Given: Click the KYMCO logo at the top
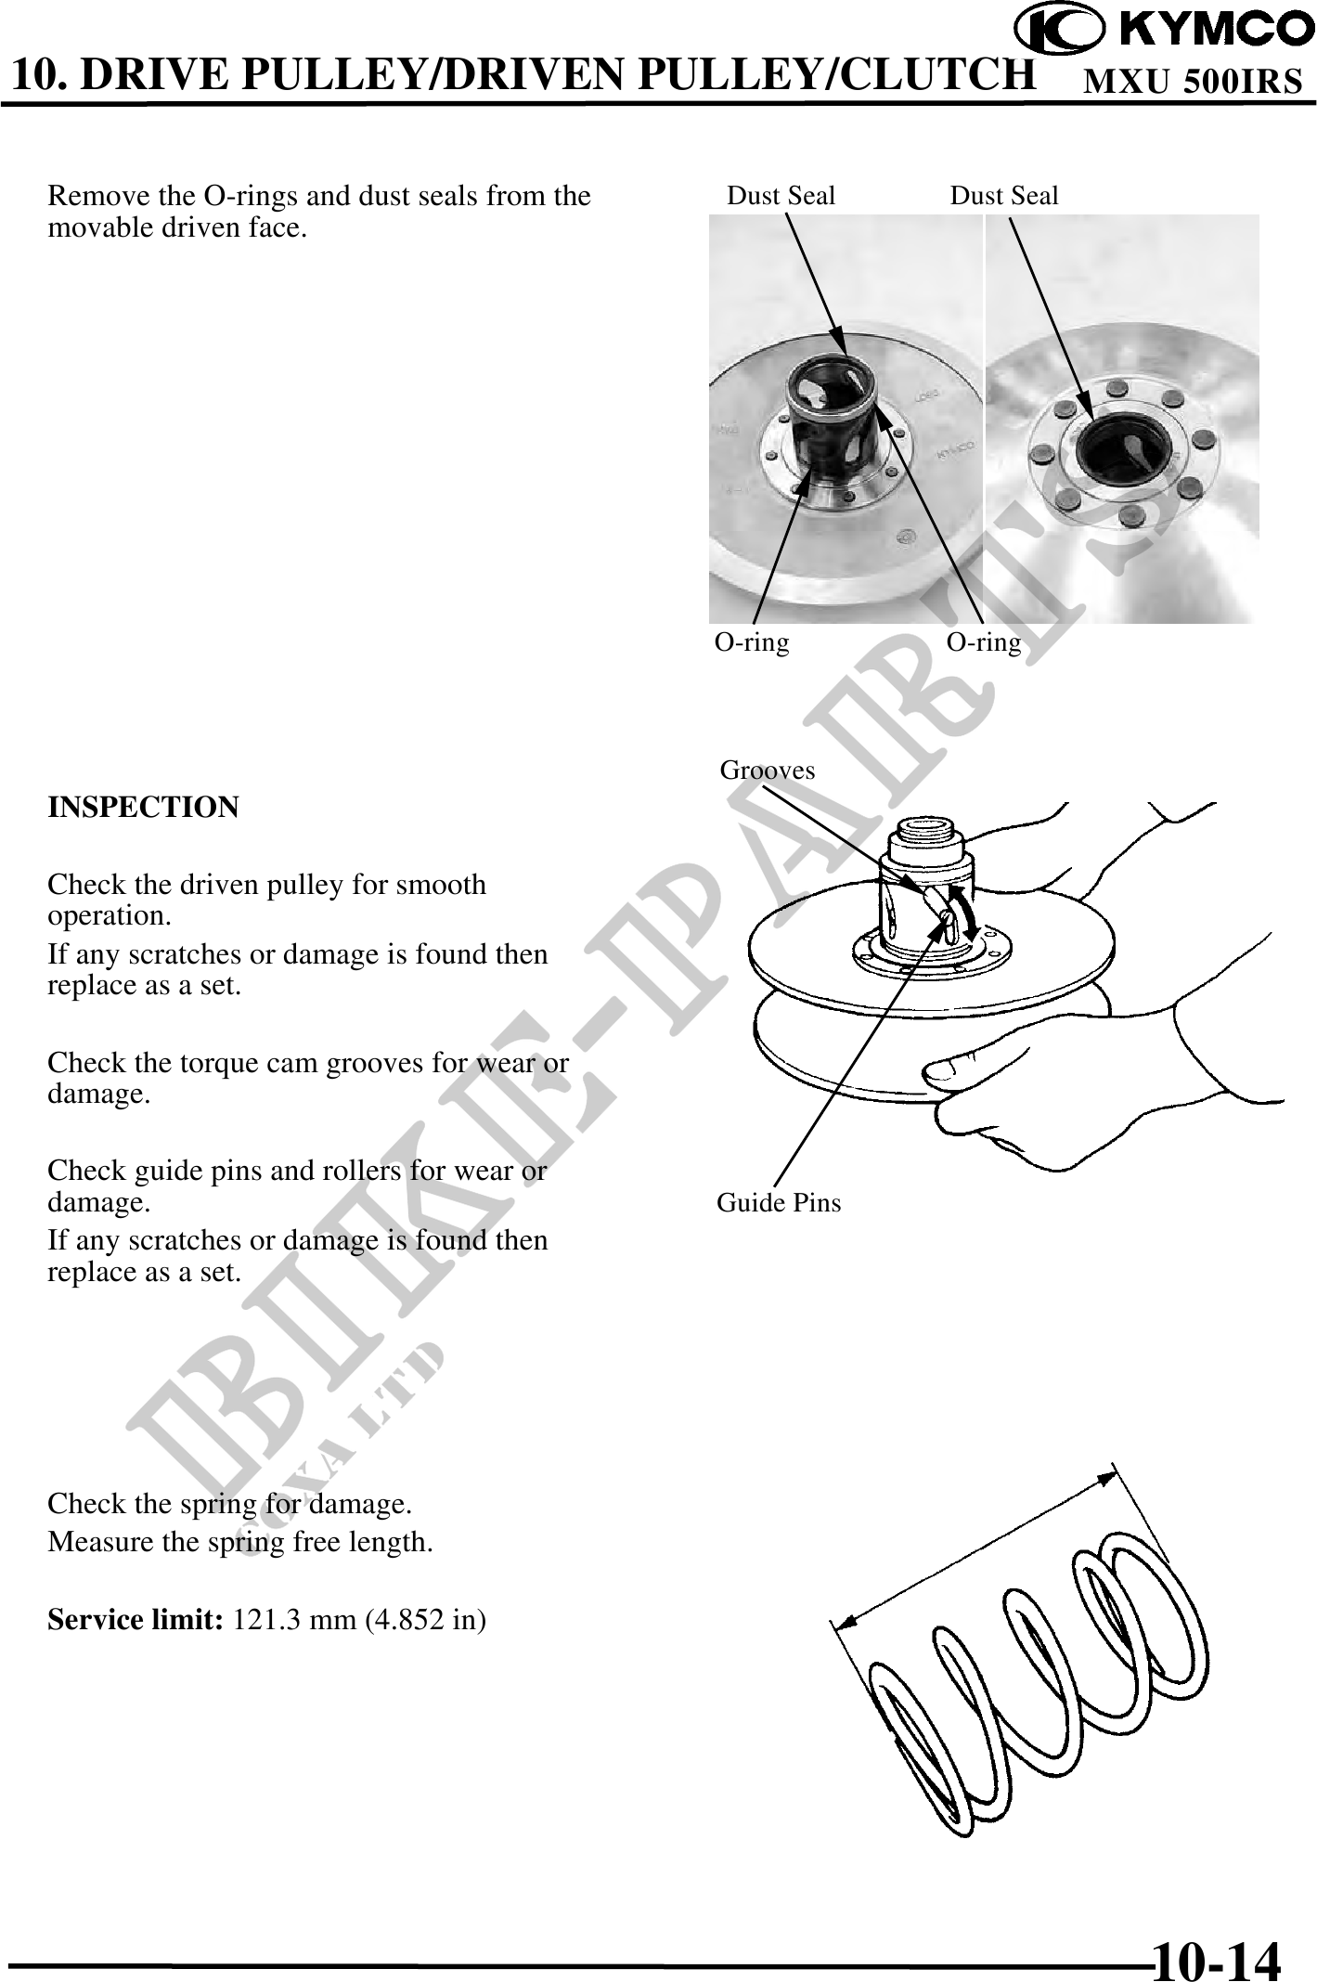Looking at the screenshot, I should pos(1164,30).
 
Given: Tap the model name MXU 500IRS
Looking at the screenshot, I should pos(1194,82).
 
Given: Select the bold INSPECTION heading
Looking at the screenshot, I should pos(143,807).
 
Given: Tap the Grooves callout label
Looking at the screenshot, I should pos(768,771).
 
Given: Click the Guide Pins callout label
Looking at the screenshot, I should pos(779,1203).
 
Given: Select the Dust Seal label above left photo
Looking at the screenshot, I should pos(781,196).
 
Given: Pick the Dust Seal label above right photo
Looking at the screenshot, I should pos(1004,196).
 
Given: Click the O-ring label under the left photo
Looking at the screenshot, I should pos(752,642).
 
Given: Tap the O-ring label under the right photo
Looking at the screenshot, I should pos(984,642).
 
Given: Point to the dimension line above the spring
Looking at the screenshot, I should pos(975,1546).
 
